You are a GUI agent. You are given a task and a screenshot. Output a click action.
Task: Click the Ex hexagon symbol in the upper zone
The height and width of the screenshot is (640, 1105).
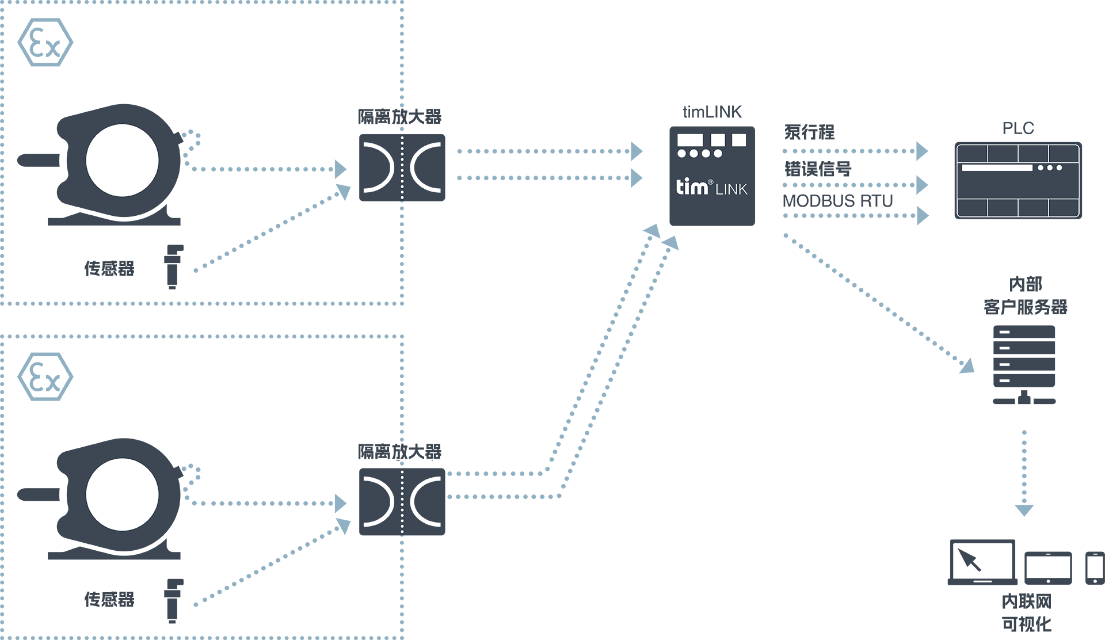pyautogui.click(x=45, y=43)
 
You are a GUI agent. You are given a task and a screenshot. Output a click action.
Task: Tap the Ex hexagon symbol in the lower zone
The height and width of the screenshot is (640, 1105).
pyautogui.click(x=45, y=377)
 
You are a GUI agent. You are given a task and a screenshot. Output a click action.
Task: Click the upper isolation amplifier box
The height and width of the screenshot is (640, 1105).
pyautogui.click(x=402, y=167)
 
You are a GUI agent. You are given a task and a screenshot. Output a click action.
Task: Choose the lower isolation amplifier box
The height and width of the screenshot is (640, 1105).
pyautogui.click(x=402, y=502)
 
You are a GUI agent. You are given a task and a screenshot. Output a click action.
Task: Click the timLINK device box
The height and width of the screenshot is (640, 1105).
pyautogui.click(x=712, y=176)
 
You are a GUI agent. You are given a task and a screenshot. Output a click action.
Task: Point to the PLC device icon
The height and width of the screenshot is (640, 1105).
pyautogui.click(x=1018, y=180)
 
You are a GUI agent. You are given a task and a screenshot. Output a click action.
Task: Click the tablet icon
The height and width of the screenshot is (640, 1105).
pyautogui.click(x=1048, y=568)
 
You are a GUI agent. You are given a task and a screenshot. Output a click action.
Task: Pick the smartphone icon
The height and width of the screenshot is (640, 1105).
pyautogui.click(x=1095, y=568)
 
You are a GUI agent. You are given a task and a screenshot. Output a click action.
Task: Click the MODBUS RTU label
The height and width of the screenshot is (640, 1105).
pyautogui.click(x=837, y=201)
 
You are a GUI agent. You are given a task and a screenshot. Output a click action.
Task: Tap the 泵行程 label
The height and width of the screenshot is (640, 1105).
pyautogui.click(x=809, y=132)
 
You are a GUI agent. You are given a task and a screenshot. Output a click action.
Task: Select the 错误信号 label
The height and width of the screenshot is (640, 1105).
pyautogui.click(x=817, y=169)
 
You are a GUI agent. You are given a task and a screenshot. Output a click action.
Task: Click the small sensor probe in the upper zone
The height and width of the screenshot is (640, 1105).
pyautogui.click(x=173, y=266)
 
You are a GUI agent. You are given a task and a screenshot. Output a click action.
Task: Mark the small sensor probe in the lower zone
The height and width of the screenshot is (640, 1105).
pyautogui.click(x=173, y=601)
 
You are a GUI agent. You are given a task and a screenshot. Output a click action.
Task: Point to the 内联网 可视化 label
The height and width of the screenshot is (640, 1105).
pyautogui.click(x=1026, y=613)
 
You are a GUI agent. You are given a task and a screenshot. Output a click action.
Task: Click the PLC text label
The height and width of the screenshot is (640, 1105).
pyautogui.click(x=1018, y=128)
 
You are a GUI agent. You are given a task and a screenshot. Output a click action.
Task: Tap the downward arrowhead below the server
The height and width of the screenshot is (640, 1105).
pyautogui.click(x=1024, y=510)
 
